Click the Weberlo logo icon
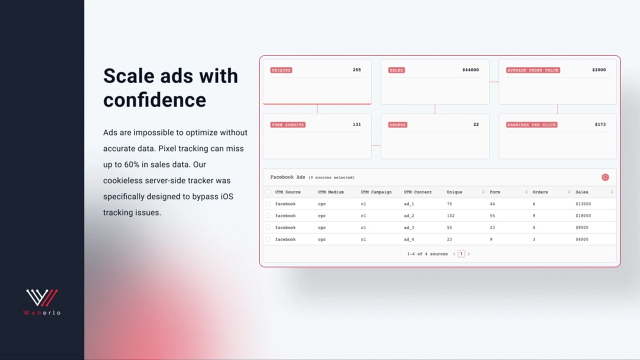coord(41,297)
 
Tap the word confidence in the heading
coord(154,100)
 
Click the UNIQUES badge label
coord(281,70)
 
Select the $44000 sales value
coord(470,70)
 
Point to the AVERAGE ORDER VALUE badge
coord(533,70)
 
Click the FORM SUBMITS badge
coord(287,125)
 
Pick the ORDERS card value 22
coord(476,124)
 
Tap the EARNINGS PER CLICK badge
coord(531,125)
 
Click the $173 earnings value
coord(600,124)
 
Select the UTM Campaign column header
coord(376,192)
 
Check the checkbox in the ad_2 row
coord(267,215)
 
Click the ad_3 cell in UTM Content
coord(409,227)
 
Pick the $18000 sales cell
coord(583,215)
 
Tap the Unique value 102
coord(450,215)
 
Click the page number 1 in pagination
coord(461,253)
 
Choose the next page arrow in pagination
coord(468,253)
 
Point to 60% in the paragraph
coord(131,165)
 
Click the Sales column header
coord(581,192)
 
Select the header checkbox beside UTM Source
coord(267,192)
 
